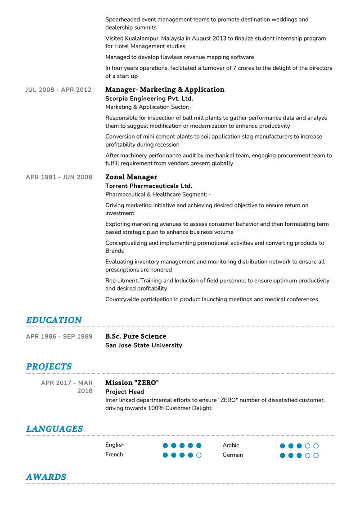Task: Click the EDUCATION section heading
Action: tap(54, 320)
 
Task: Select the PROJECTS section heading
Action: tap(49, 366)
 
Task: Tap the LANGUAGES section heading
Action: tap(54, 429)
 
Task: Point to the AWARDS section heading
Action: tap(46, 477)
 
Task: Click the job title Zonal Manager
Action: tap(131, 177)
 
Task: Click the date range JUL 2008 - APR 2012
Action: tap(58, 90)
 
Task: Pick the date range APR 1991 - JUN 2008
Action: tap(59, 177)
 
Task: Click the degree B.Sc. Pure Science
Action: tap(135, 336)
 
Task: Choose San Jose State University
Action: tap(144, 345)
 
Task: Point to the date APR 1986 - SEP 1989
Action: tap(59, 336)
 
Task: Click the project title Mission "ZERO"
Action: tap(132, 383)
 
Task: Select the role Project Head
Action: tap(125, 392)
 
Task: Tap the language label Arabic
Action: tap(230, 446)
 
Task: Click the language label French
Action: tap(114, 455)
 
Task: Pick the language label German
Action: tap(233, 455)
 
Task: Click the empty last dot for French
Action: tap(199, 455)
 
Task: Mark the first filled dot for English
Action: tap(165, 446)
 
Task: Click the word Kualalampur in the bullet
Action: tap(146, 39)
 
